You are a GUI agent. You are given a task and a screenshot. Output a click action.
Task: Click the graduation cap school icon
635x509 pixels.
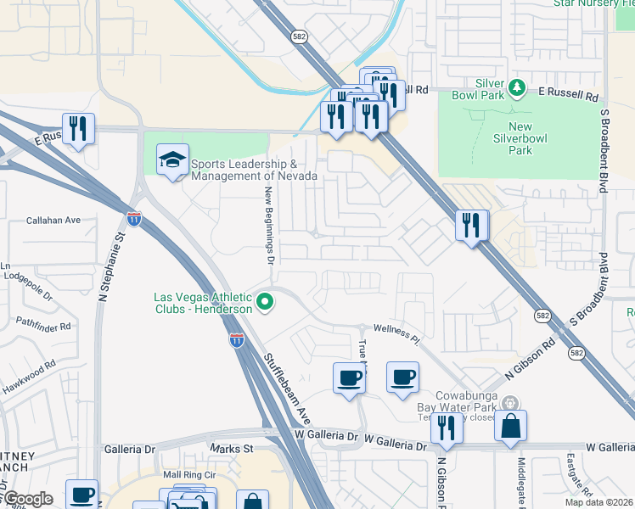tap(172, 159)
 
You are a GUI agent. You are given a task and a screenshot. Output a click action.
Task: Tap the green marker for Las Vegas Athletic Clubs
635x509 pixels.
tap(265, 301)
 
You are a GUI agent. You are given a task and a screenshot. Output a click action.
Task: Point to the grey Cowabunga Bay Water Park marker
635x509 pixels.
tap(509, 403)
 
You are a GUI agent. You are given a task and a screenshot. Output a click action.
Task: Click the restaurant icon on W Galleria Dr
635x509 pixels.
tap(447, 428)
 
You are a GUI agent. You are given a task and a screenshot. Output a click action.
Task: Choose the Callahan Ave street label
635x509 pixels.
tap(53, 220)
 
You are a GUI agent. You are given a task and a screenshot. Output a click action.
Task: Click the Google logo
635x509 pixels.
tap(28, 499)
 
